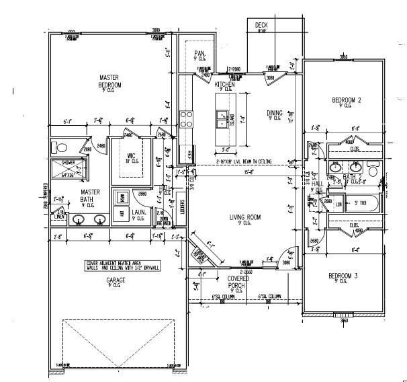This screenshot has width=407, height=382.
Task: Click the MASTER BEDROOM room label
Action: [109, 81]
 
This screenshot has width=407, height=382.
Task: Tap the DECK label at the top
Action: [261, 26]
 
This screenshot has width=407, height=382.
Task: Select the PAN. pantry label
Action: [199, 53]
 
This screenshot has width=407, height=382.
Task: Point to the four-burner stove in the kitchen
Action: [186, 120]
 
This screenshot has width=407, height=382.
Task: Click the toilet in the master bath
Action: [60, 147]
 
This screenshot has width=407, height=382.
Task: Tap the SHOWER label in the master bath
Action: [68, 162]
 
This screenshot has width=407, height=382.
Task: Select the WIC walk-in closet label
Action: [132, 155]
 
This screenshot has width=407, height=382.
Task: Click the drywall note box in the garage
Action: [122, 266]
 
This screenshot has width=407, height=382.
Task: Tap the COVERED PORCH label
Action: [238, 281]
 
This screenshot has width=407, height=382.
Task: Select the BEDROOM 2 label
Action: [347, 100]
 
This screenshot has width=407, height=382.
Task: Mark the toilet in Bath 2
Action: [373, 167]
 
